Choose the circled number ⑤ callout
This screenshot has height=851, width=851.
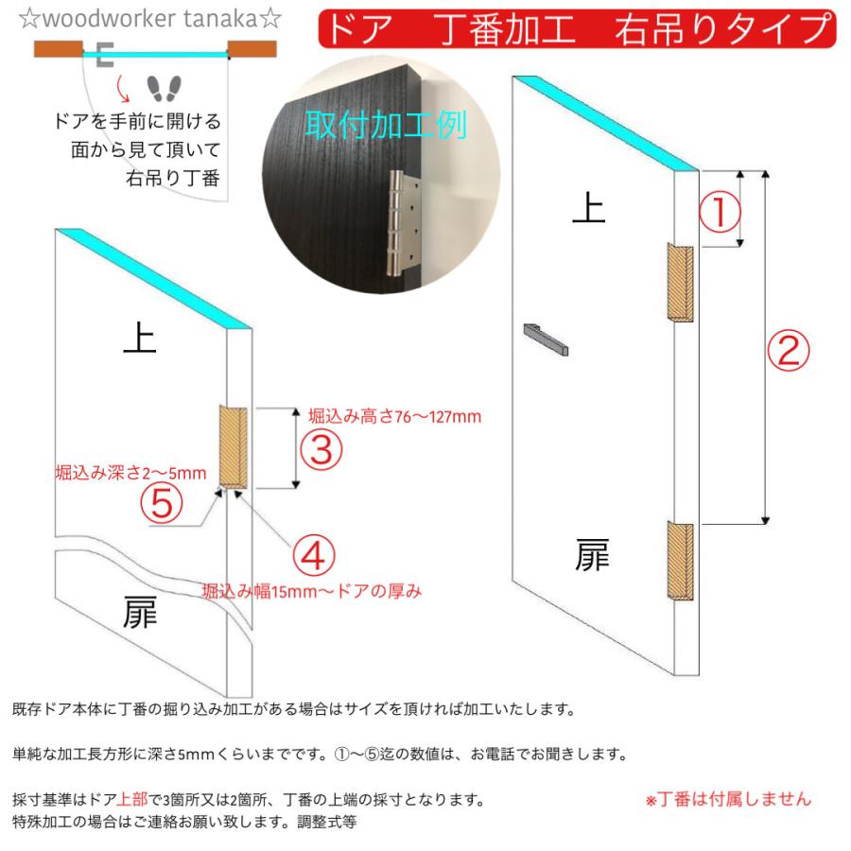point(162,502)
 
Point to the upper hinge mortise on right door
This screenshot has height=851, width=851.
point(680,283)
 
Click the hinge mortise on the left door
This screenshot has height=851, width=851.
point(233,448)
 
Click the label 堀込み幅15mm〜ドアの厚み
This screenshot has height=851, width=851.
point(312,591)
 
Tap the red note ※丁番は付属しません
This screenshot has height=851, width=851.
point(728,799)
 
